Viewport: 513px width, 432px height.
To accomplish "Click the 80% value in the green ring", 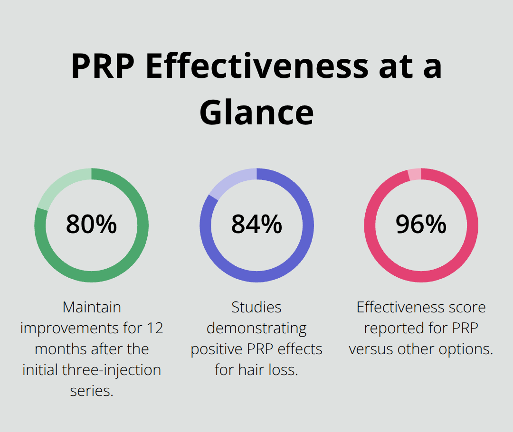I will (91, 224).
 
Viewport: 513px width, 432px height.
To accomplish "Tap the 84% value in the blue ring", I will (256, 224).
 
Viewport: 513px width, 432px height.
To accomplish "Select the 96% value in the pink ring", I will (421, 224).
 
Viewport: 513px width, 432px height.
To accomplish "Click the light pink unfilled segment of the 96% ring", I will (414, 174).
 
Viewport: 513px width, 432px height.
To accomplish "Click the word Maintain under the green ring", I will (92, 307).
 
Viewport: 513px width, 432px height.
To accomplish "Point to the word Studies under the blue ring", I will (256, 307).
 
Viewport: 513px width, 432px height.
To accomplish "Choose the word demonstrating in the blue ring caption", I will (256, 328).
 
